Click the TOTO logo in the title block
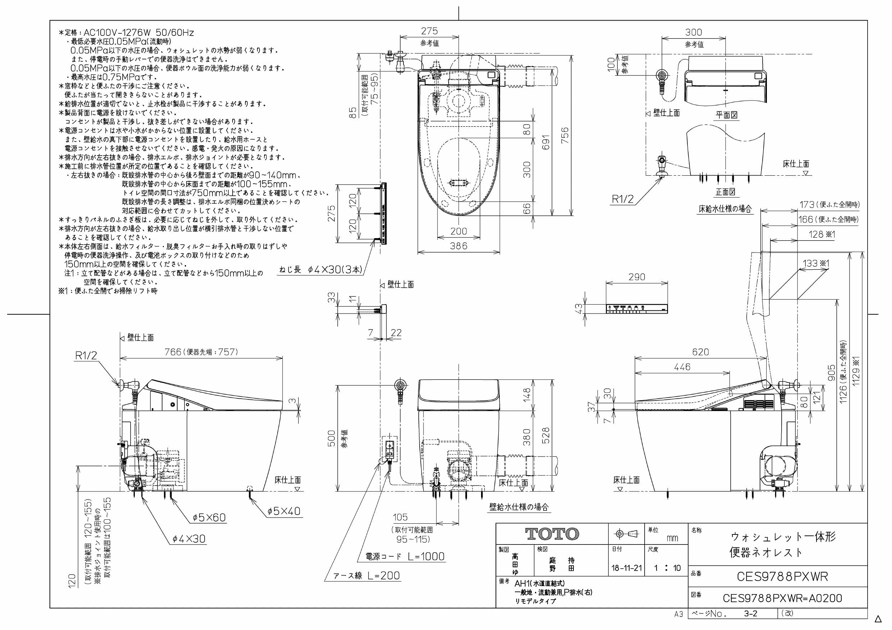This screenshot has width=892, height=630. click(552, 534)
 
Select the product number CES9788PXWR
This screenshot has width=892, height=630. click(782, 576)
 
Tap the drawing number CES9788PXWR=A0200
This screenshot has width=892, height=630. click(782, 598)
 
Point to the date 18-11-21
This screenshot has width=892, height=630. click(626, 568)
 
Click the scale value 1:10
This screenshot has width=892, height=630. click(667, 568)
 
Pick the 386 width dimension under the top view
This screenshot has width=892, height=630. click(458, 246)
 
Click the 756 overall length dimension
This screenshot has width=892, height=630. click(565, 135)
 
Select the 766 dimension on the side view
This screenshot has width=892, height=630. click(173, 352)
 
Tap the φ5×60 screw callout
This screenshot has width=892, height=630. click(209, 517)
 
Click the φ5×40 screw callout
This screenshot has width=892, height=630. click(284, 511)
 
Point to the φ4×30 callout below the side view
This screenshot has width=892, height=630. click(189, 538)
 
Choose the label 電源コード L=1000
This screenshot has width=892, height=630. click(405, 556)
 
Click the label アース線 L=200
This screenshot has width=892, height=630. click(367, 575)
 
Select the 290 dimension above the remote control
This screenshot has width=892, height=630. click(637, 277)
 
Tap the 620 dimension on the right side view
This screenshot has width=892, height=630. click(700, 352)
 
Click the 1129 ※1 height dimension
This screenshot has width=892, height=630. click(856, 371)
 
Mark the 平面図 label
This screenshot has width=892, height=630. click(727, 115)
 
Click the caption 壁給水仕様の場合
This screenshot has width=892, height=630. click(519, 506)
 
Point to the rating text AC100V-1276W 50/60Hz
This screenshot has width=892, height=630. click(139, 33)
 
